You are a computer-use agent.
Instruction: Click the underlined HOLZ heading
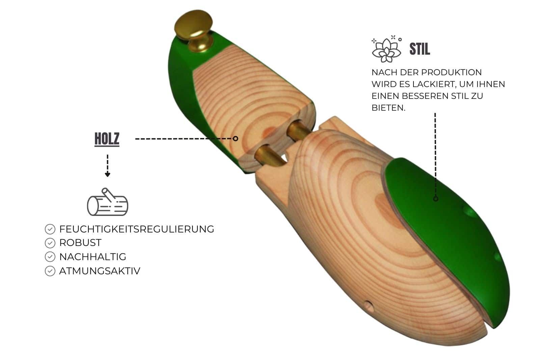tap(107, 139)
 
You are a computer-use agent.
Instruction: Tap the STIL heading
tap(420, 49)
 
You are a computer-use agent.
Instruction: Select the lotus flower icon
tap(386, 49)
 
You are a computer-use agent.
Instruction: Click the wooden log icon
tap(107, 202)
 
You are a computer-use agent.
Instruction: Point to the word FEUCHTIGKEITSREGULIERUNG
tap(136, 229)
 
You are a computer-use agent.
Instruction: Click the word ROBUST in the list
tap(80, 243)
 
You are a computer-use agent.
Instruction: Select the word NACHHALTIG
tap(92, 257)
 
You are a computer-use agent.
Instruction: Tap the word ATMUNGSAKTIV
tap(99, 271)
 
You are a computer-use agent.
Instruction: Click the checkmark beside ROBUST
tap(50, 243)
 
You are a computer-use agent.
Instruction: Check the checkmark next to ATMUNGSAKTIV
tap(50, 271)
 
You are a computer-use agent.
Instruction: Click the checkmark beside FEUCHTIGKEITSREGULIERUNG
tap(50, 229)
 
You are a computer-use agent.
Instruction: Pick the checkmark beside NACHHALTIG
tap(50, 257)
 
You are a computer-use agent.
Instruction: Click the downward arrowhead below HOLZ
tap(107, 174)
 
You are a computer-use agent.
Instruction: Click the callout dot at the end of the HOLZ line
tap(236, 138)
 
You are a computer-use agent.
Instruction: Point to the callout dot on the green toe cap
tap(435, 199)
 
